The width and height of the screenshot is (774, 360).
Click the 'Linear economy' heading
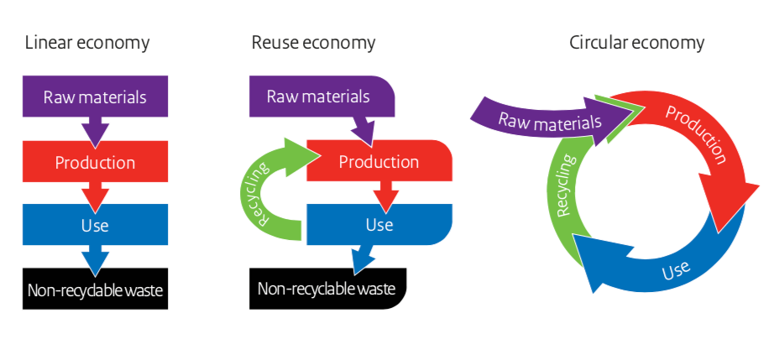tap(86, 44)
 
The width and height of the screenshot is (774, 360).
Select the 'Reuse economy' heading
tap(313, 44)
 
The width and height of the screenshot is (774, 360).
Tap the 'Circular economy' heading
tap(637, 44)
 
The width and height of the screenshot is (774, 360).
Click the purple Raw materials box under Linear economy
tap(95, 97)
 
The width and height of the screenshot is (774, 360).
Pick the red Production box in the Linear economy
tap(95, 161)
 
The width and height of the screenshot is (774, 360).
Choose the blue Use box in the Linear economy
tap(95, 224)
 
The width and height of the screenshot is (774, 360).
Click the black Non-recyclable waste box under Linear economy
tap(95, 289)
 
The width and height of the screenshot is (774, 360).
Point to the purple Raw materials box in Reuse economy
tap(322, 97)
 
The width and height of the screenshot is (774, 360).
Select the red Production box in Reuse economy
tap(379, 161)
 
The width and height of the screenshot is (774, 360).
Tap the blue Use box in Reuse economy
tap(379, 224)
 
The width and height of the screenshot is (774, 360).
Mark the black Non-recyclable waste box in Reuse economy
tap(327, 289)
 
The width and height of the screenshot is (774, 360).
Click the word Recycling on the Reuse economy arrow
tap(263, 194)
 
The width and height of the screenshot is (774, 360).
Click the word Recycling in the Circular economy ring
tap(566, 186)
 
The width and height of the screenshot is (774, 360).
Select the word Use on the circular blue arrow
tap(675, 270)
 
